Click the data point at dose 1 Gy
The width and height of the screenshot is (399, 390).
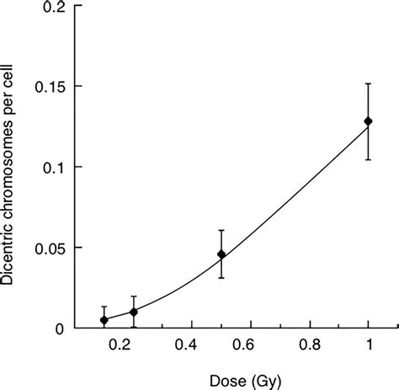click(x=368, y=121)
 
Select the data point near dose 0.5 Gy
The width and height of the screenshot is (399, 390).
click(x=221, y=254)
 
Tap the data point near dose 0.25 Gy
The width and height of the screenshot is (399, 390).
click(x=134, y=312)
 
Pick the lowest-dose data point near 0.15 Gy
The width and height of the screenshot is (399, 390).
click(x=104, y=320)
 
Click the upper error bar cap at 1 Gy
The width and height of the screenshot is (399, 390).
click(x=368, y=83)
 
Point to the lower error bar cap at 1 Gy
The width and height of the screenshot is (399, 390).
click(x=368, y=159)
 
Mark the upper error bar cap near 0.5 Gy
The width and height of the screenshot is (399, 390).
click(x=221, y=230)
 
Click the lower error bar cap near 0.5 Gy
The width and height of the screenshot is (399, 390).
click(x=221, y=278)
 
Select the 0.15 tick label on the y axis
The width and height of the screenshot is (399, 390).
click(x=47, y=87)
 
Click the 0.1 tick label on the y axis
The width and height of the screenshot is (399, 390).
click(x=51, y=168)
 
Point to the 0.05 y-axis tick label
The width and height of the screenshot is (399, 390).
click(x=47, y=248)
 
